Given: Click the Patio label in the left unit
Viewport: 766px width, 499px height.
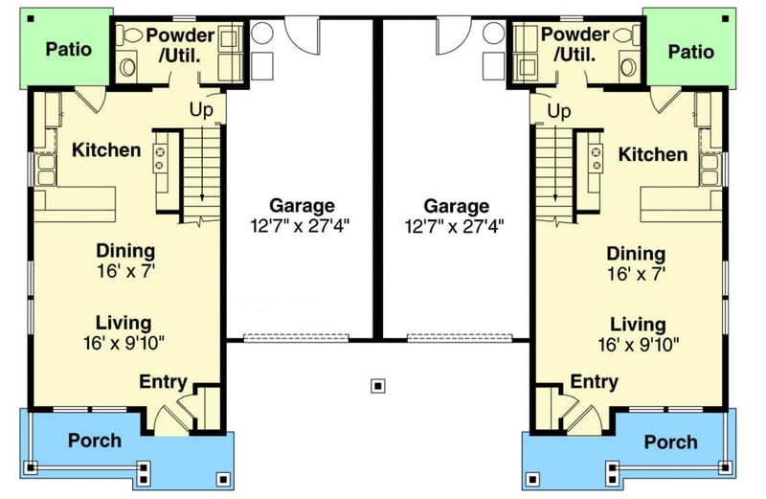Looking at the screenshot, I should click(69, 48).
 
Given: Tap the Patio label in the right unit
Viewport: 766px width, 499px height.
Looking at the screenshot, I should click(690, 51).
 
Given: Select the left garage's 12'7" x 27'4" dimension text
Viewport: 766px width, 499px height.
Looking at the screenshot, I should click(302, 226).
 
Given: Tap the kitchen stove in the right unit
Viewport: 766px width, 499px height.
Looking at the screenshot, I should click(595, 156).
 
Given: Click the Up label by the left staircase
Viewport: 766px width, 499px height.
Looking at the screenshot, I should click(201, 108).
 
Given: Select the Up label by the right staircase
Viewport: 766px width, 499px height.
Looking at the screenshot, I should click(559, 112).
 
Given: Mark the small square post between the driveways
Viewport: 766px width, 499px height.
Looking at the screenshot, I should click(379, 386).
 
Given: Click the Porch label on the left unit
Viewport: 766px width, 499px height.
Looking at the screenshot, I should click(95, 441).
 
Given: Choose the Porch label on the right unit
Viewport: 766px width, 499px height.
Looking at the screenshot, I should click(670, 442).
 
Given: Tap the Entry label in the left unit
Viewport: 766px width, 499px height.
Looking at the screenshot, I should click(163, 382).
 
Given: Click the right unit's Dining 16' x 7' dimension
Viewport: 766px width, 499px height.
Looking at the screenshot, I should click(636, 274).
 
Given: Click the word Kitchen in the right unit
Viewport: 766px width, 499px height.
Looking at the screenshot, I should click(652, 154).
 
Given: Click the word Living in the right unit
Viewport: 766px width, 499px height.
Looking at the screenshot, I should click(638, 324).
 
